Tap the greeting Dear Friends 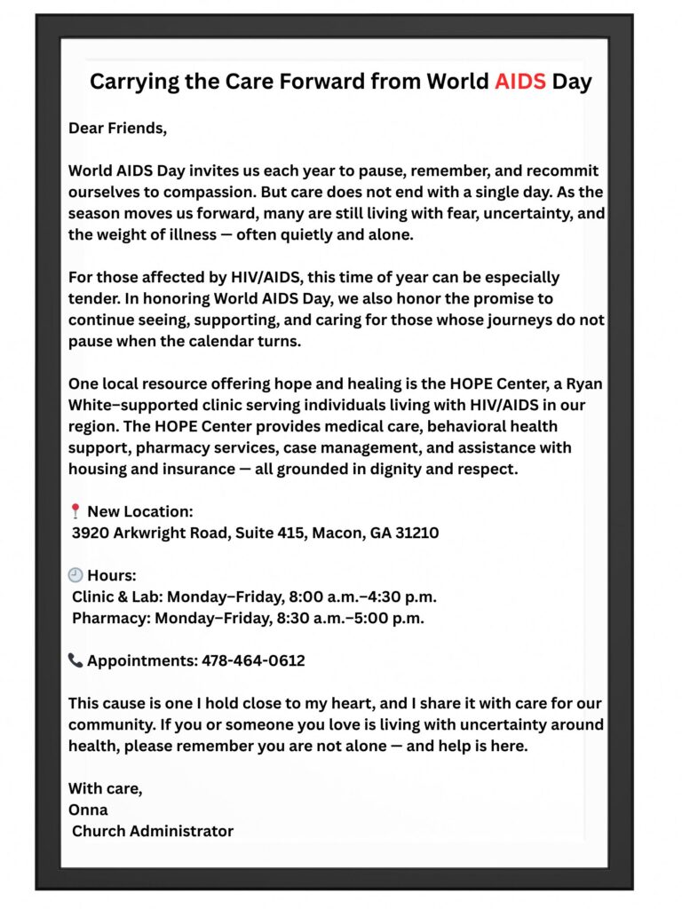coord(117,128)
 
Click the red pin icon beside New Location coord(75,511)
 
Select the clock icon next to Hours coord(75,575)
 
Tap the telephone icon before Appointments coord(75,660)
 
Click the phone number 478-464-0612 coord(253,660)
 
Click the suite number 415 coord(284,534)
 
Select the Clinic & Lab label coord(116,597)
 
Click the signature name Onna coord(88,810)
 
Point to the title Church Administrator coord(153,831)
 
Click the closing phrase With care coord(105,788)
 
